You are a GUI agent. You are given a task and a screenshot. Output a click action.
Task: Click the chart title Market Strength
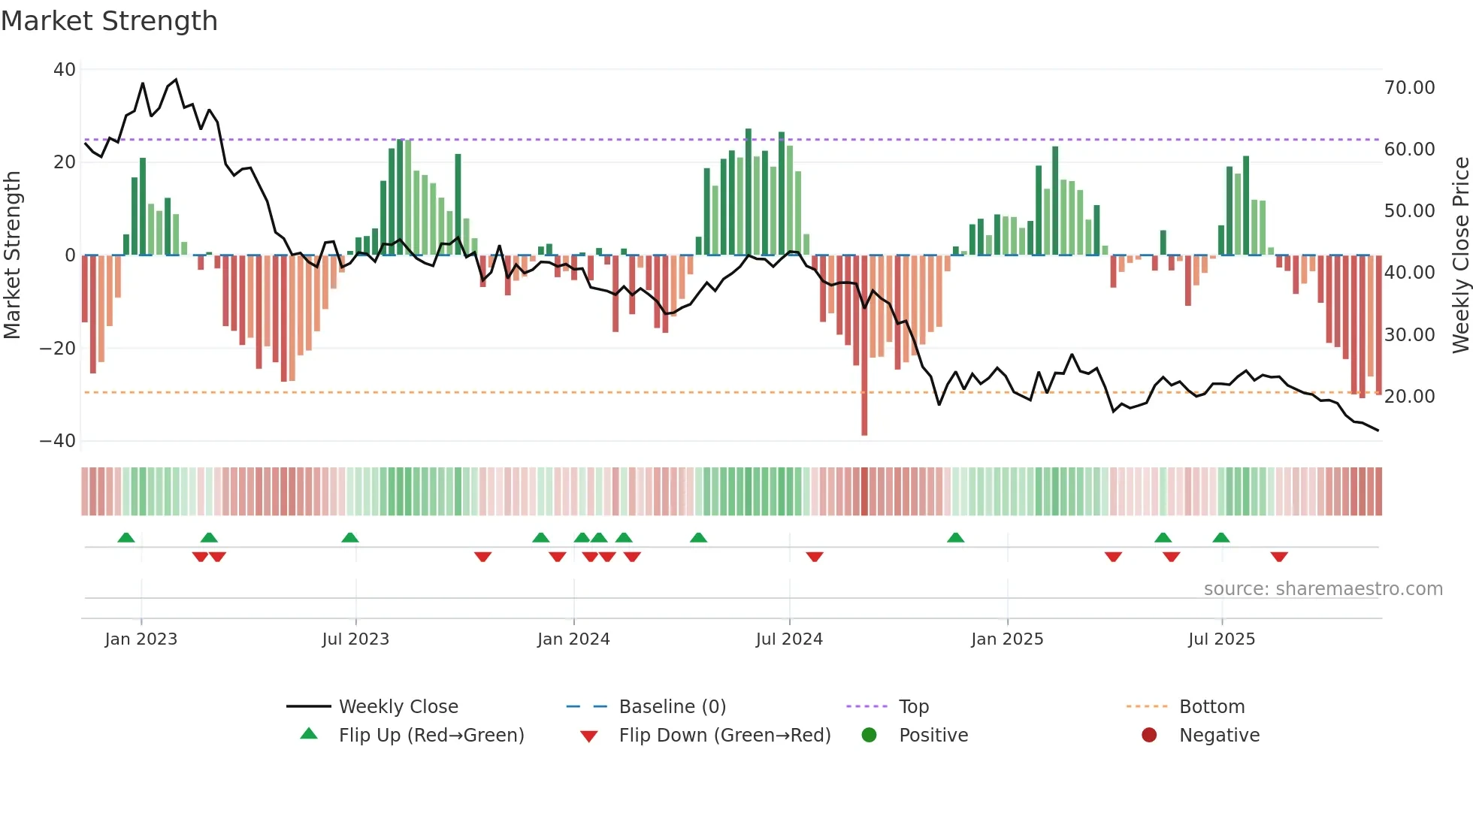(x=109, y=21)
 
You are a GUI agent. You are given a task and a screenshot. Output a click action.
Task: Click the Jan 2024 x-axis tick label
(x=573, y=639)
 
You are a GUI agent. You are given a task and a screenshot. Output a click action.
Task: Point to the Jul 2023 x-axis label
(x=355, y=639)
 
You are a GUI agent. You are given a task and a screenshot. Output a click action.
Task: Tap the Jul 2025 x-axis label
(x=1221, y=639)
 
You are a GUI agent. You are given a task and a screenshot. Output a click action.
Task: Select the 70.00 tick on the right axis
(x=1409, y=88)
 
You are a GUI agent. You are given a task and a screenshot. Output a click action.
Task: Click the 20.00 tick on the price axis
(x=1409, y=397)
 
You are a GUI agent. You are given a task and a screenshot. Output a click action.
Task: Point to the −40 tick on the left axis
(x=58, y=441)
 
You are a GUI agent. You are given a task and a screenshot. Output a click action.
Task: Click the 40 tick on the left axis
(x=65, y=70)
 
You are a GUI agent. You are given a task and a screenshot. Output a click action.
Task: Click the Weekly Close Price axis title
(x=1460, y=255)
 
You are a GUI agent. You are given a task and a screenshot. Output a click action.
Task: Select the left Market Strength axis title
(x=12, y=255)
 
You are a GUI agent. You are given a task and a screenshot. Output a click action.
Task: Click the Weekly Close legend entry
(x=398, y=707)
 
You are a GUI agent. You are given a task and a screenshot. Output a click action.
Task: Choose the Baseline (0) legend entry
(x=672, y=707)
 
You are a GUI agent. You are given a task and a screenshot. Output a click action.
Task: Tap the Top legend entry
(x=913, y=707)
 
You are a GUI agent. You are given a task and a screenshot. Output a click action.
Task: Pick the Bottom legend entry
(x=1211, y=707)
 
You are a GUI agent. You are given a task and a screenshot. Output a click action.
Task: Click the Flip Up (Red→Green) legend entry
(x=431, y=736)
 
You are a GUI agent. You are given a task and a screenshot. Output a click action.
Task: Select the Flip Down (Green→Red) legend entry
(x=724, y=736)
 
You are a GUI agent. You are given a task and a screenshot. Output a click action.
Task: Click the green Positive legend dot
(x=870, y=736)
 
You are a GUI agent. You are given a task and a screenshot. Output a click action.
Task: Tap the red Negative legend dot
(x=1149, y=736)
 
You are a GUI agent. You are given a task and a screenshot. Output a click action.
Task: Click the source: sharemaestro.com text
(x=1323, y=589)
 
